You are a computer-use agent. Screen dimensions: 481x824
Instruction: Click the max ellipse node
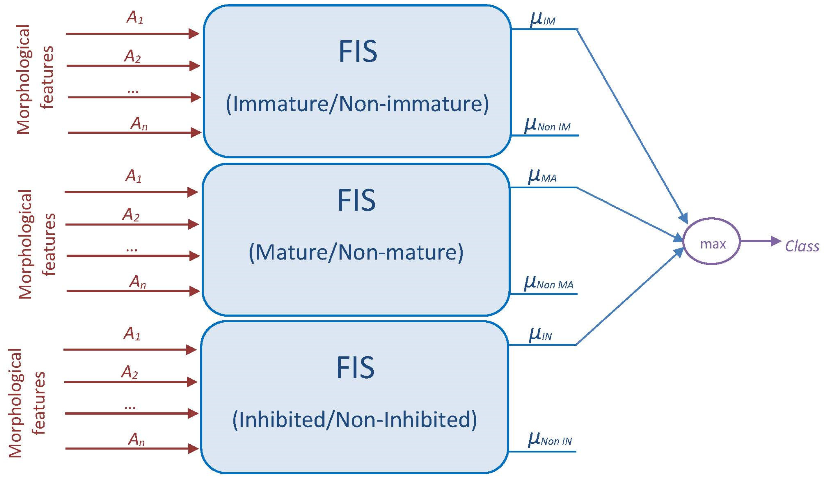[x=711, y=241]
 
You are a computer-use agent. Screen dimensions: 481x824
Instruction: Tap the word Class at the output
[x=802, y=246]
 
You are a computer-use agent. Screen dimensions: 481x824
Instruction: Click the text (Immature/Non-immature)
[x=357, y=104]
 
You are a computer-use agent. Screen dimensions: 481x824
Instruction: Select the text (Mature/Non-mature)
[x=356, y=252]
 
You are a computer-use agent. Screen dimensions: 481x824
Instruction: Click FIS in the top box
[x=358, y=51]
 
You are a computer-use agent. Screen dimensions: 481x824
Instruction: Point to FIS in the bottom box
[x=355, y=368]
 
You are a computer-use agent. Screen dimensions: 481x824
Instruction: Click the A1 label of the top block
[x=135, y=18]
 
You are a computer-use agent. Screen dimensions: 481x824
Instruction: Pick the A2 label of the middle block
[x=131, y=215]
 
